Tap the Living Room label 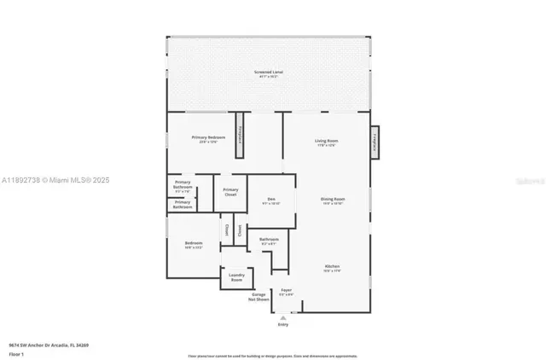click(327, 141)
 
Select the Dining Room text click(332, 199)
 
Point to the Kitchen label click(332, 266)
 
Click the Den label click(270, 199)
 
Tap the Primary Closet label click(230, 192)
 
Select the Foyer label click(287, 290)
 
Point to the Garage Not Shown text click(258, 297)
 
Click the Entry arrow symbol click(283, 316)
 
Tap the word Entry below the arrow click(283, 324)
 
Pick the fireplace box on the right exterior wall click(374, 142)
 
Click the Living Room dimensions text click(327, 145)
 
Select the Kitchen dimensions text click(332, 270)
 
